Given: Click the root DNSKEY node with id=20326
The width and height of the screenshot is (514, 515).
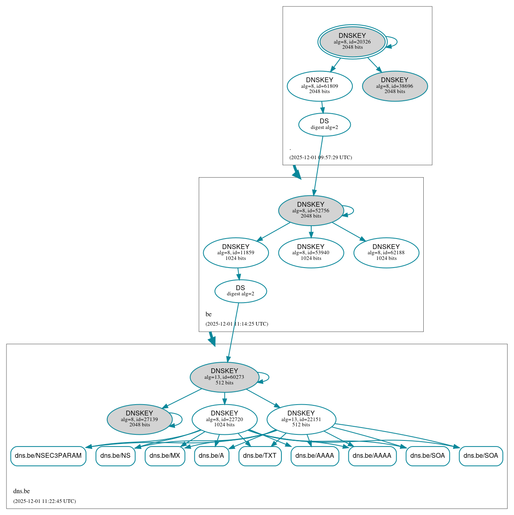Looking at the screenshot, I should click(x=352, y=42).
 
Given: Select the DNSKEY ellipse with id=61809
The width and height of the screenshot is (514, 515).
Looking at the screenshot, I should click(x=320, y=86).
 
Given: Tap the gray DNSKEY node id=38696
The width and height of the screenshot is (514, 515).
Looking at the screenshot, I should click(x=395, y=86).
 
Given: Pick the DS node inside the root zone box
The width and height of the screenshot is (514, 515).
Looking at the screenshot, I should click(x=325, y=124).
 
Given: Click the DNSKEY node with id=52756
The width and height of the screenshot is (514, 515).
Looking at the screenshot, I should click(x=311, y=210).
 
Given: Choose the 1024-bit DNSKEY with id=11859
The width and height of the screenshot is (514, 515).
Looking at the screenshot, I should click(x=236, y=253).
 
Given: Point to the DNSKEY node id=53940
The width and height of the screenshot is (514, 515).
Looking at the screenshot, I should click(x=311, y=253).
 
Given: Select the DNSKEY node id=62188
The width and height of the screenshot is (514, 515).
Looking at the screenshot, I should click(x=386, y=253).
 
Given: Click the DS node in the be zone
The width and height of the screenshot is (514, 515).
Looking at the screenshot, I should click(x=241, y=291).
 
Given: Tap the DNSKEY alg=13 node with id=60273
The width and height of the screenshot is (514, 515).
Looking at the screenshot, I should click(x=224, y=377).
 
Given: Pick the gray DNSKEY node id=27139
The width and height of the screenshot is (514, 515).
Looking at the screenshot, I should click(x=139, y=419).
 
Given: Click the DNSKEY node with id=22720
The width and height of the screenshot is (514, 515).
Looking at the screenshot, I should click(x=225, y=419).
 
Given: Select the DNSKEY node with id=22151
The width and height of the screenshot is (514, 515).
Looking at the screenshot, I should click(x=301, y=419).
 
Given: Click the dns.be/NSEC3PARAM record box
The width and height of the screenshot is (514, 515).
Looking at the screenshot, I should click(x=48, y=456).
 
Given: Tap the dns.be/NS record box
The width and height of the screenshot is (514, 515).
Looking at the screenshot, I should click(x=115, y=456).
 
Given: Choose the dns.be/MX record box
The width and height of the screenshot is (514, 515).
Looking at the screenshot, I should click(x=165, y=456).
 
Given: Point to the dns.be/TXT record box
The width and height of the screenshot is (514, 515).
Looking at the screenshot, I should click(x=260, y=456).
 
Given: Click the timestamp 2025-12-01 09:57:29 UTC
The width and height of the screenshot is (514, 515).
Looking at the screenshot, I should click(x=320, y=158).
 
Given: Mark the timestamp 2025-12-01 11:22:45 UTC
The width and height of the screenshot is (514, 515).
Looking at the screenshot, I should click(x=44, y=501).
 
